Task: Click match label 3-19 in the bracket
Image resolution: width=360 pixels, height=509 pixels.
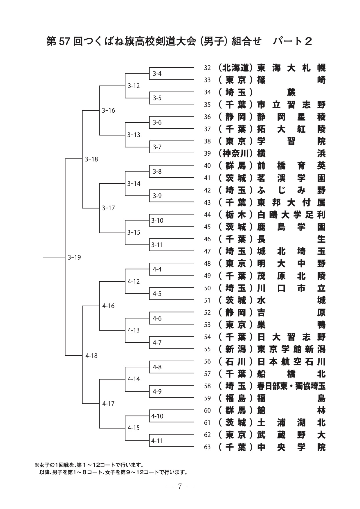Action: pyautogui.click(x=74, y=257)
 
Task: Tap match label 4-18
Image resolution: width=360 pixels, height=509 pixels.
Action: pyautogui.click(x=91, y=356)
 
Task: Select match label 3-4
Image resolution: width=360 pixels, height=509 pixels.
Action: pyautogui.click(x=157, y=74)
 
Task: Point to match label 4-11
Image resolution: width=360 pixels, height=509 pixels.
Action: pyautogui.click(x=157, y=441)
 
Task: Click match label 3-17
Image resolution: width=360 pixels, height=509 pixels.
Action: pyautogui.click(x=108, y=208)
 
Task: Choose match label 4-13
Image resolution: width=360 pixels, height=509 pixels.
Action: pyautogui.click(x=134, y=330)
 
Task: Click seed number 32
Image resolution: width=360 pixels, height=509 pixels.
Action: pyautogui.click(x=207, y=68)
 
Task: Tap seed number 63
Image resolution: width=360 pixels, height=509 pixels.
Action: pyautogui.click(x=207, y=447)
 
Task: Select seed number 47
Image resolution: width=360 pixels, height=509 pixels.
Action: pyautogui.click(x=207, y=251)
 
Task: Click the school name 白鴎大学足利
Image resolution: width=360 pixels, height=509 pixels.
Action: pyautogui.click(x=291, y=215)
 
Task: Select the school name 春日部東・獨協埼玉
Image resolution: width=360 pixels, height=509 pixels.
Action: pyautogui.click(x=291, y=386)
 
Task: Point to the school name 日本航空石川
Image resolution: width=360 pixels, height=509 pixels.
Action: pyautogui.click(x=291, y=361)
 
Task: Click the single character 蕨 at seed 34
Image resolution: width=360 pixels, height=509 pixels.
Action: pyautogui.click(x=291, y=93)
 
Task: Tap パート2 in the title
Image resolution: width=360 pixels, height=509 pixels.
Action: pyautogui.click(x=292, y=42)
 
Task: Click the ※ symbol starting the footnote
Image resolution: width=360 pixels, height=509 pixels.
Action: pyautogui.click(x=37, y=465)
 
